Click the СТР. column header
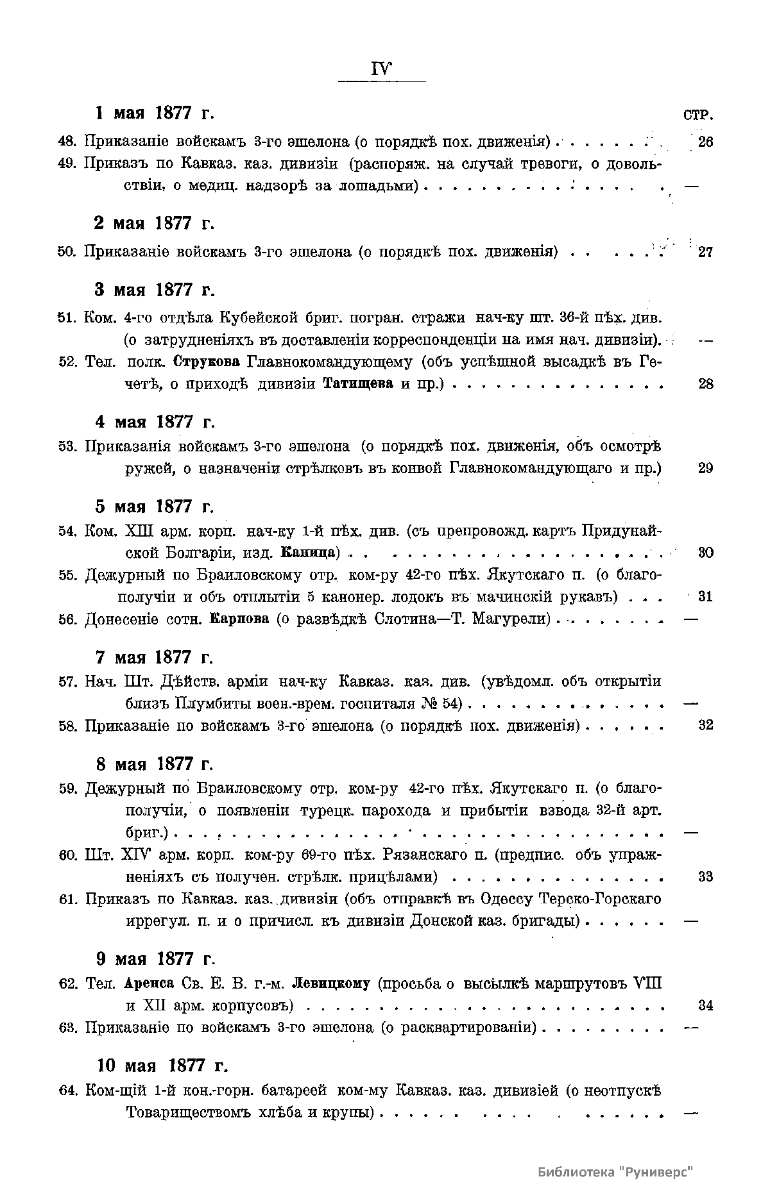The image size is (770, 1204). (x=698, y=116)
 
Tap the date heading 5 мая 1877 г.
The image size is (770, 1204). (x=154, y=506)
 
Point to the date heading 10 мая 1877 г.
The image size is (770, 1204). (x=163, y=1066)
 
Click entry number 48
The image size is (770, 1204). (x=67, y=142)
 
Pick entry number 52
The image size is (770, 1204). (x=67, y=362)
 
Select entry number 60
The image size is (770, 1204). (x=67, y=855)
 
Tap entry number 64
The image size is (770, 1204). (x=67, y=1091)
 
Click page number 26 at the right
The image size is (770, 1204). (x=705, y=142)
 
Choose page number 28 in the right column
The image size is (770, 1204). (x=705, y=384)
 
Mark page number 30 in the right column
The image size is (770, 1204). (x=705, y=553)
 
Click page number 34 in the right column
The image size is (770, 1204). (x=705, y=1005)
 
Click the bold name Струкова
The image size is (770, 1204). (x=209, y=362)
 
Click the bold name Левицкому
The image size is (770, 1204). (x=331, y=983)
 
